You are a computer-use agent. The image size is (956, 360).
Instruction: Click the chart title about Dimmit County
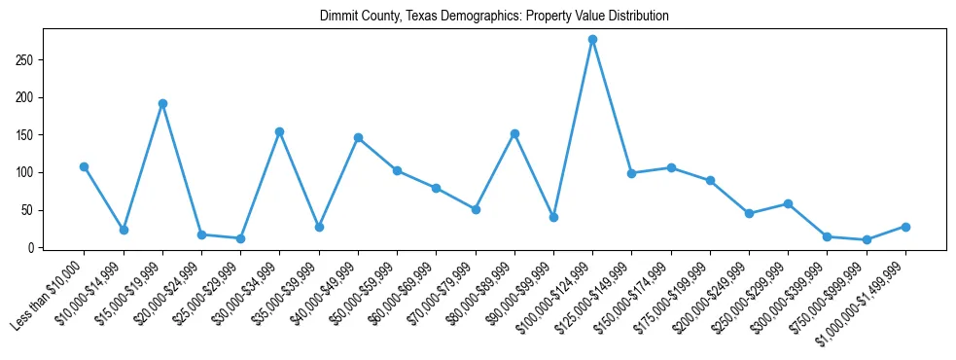click(x=494, y=17)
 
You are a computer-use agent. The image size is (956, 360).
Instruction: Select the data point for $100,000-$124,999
click(x=592, y=39)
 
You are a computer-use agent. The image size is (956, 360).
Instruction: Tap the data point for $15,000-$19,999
click(x=162, y=103)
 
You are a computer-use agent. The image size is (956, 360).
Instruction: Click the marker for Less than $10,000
click(x=84, y=166)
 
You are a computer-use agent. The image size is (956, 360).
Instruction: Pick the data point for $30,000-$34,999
click(x=279, y=131)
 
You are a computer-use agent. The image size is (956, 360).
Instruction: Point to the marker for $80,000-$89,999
click(x=514, y=133)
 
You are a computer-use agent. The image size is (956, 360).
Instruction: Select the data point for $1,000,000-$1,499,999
click(x=905, y=227)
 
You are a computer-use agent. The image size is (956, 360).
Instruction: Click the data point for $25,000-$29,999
click(x=240, y=238)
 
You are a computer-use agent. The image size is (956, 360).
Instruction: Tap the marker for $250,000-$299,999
click(x=788, y=203)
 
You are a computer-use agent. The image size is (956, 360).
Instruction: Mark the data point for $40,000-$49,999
click(x=358, y=137)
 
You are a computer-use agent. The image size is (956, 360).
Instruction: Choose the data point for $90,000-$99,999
click(x=553, y=217)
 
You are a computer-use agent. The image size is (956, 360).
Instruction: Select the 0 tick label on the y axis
click(x=33, y=248)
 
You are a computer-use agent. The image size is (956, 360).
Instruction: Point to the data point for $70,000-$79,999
click(x=476, y=209)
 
